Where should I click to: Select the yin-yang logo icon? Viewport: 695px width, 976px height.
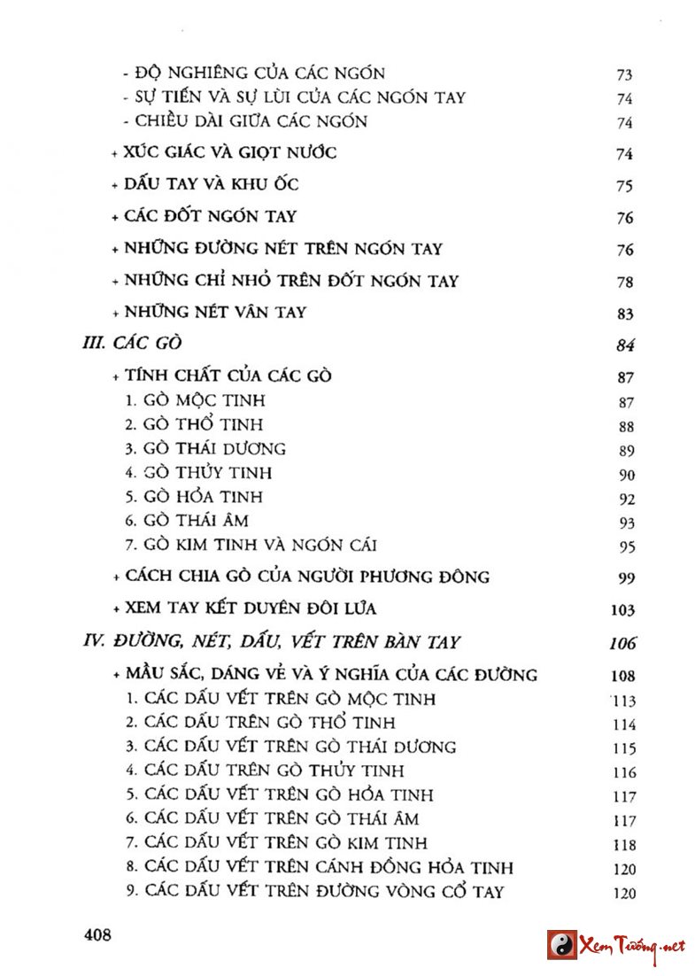560,945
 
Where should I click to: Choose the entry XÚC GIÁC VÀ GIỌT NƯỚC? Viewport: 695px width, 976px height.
230,152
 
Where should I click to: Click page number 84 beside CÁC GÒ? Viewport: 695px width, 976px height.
625,345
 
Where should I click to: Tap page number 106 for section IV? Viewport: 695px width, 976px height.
622,643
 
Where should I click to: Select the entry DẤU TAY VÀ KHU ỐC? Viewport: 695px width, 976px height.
212,184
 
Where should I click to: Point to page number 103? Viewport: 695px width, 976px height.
622,609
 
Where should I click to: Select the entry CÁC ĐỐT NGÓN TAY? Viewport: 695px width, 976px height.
211,216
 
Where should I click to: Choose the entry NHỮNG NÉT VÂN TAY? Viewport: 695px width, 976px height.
216,312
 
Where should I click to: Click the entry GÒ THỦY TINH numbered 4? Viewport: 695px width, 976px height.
198,472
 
